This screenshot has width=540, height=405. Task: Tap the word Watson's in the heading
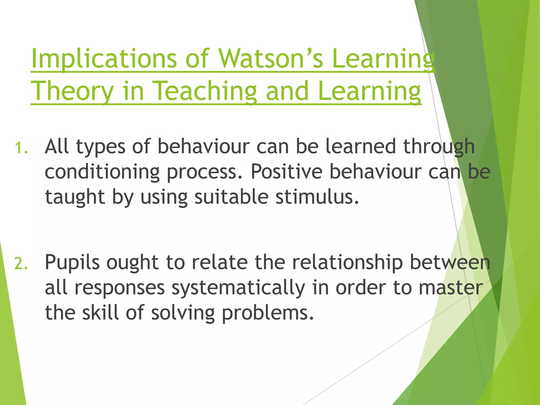pyautogui.click(x=271, y=59)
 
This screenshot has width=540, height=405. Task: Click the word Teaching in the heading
pyautogui.click(x=204, y=91)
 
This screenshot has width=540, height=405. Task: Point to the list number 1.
pyautogui.click(x=21, y=148)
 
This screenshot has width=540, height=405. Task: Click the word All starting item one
pyautogui.click(x=57, y=146)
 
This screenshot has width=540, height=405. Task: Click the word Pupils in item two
pyautogui.click(x=72, y=263)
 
